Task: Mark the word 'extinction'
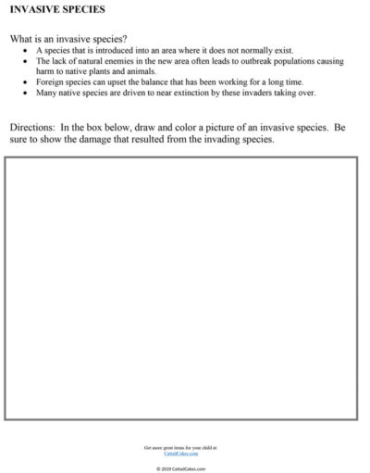tap(201, 93)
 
